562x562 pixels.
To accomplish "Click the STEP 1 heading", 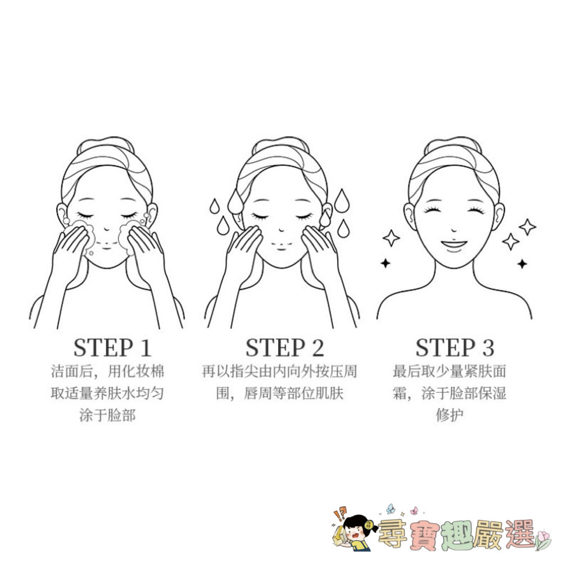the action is coord(112,348).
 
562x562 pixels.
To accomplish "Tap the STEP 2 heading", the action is coord(284,348).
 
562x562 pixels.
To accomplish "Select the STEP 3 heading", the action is coord(455,348).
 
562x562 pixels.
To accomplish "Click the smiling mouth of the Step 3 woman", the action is coord(454,245).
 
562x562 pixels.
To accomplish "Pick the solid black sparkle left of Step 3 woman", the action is coord(386,264).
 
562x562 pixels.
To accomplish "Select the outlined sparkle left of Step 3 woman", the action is coord(391,238).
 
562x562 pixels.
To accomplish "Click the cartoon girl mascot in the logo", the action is coord(353,531).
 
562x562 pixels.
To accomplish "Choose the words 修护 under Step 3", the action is coord(450,415).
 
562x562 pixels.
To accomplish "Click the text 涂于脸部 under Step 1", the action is coord(107,415).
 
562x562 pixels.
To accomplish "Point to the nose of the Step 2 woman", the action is coord(282,229).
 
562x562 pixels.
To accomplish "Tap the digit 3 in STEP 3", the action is coord(488,348).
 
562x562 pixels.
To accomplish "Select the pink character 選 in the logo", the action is coord(520,534).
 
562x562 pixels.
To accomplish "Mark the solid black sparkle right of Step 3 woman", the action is coord(522,264).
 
